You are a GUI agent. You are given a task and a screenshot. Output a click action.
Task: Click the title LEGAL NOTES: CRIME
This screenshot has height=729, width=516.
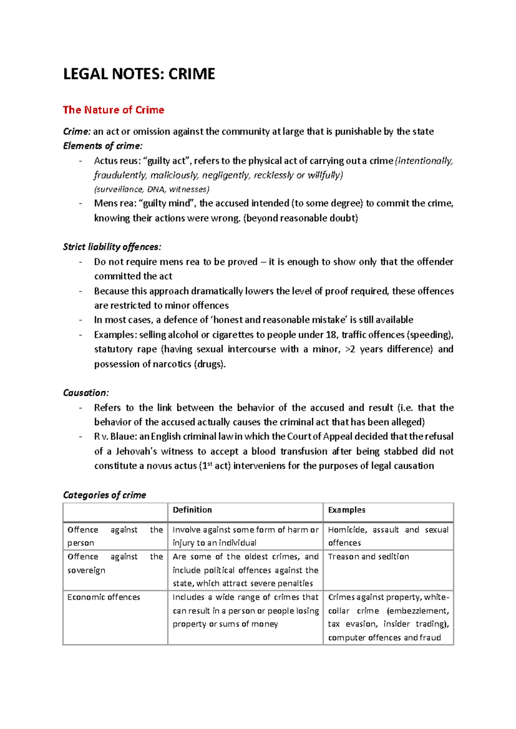click(139, 74)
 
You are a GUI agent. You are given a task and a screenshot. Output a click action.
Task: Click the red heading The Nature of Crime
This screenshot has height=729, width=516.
click(114, 110)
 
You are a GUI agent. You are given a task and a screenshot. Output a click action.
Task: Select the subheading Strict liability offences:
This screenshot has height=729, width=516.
click(112, 247)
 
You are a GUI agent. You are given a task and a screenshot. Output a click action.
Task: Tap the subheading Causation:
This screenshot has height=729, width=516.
click(86, 393)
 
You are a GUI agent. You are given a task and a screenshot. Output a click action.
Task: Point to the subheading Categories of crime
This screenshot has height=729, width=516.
click(104, 495)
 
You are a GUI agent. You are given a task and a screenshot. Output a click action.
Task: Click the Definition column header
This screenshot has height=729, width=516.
click(192, 510)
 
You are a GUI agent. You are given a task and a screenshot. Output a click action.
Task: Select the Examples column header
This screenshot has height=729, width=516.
click(347, 510)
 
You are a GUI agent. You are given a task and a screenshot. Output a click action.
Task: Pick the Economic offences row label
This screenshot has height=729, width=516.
click(104, 597)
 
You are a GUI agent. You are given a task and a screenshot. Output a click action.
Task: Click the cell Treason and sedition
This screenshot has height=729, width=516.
click(369, 557)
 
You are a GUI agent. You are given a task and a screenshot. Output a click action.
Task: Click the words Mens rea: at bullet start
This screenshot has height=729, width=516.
click(114, 203)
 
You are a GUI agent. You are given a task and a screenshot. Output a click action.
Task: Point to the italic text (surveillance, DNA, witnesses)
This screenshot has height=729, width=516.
click(152, 190)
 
